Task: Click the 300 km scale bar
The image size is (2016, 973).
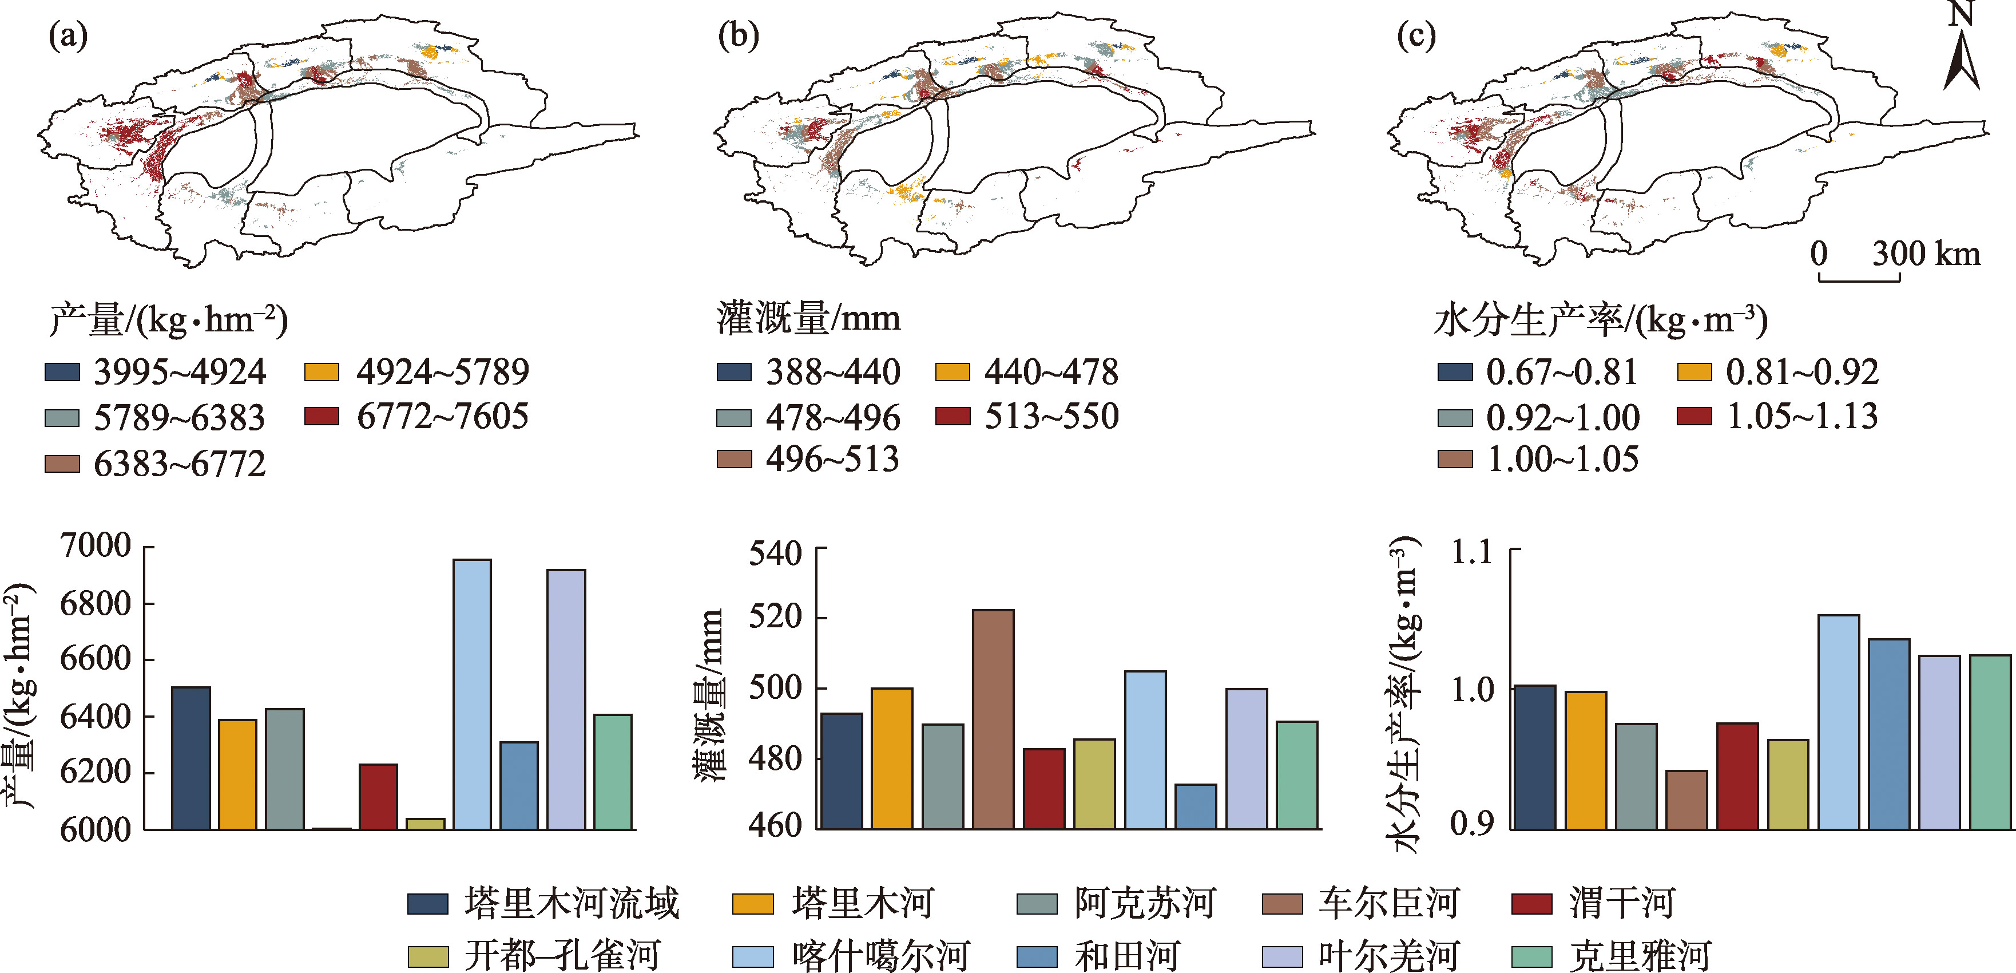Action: pos(1859,277)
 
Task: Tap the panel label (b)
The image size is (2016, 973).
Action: pos(738,35)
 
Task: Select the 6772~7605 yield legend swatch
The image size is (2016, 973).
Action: pos(322,416)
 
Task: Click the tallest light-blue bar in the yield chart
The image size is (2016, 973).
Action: pos(472,694)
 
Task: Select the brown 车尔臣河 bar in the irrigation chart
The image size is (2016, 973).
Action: pos(993,719)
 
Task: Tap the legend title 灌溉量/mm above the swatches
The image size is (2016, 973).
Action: pos(808,319)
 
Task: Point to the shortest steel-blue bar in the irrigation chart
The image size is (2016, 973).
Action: pos(1195,806)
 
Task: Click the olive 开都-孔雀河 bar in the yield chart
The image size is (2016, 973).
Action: pos(425,824)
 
